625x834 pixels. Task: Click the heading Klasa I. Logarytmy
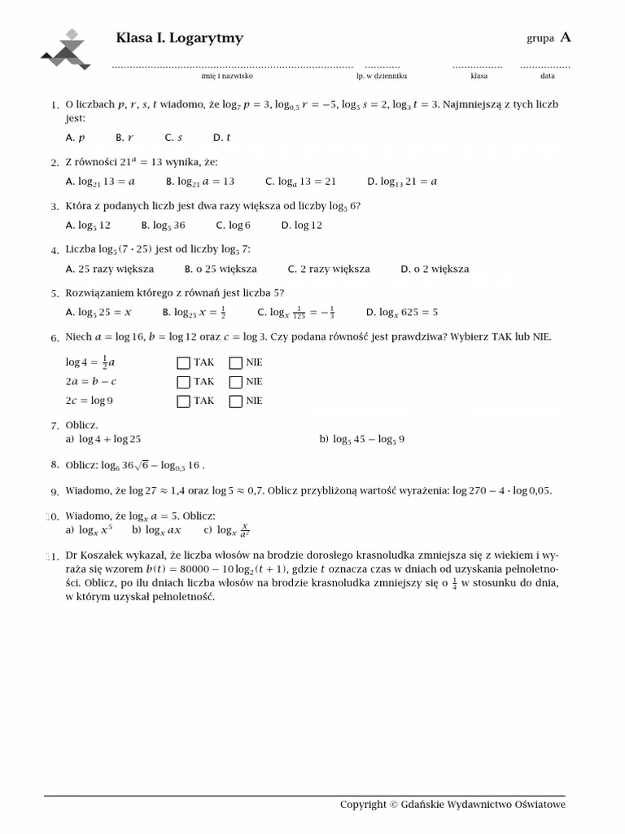[x=180, y=38]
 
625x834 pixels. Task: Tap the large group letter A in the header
[x=566, y=37]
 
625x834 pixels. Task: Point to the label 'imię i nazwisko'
[x=227, y=76]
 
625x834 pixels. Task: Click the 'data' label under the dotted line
[x=547, y=76]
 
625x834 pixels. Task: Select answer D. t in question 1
[x=222, y=138]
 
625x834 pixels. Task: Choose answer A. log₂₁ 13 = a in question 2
[x=100, y=182]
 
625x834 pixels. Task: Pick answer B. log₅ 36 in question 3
[x=163, y=225]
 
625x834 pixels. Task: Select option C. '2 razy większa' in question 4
[x=329, y=269]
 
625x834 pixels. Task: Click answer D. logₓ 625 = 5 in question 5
[x=402, y=312]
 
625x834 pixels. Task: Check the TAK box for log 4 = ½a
[x=183, y=363]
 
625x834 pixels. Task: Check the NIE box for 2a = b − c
[x=236, y=382]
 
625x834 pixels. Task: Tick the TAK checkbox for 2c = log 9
[x=183, y=401]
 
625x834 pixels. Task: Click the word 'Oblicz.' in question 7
[x=81, y=425]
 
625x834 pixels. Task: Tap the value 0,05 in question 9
[x=539, y=490]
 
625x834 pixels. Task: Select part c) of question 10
[x=226, y=530]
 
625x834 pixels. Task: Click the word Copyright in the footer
[x=363, y=805]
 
